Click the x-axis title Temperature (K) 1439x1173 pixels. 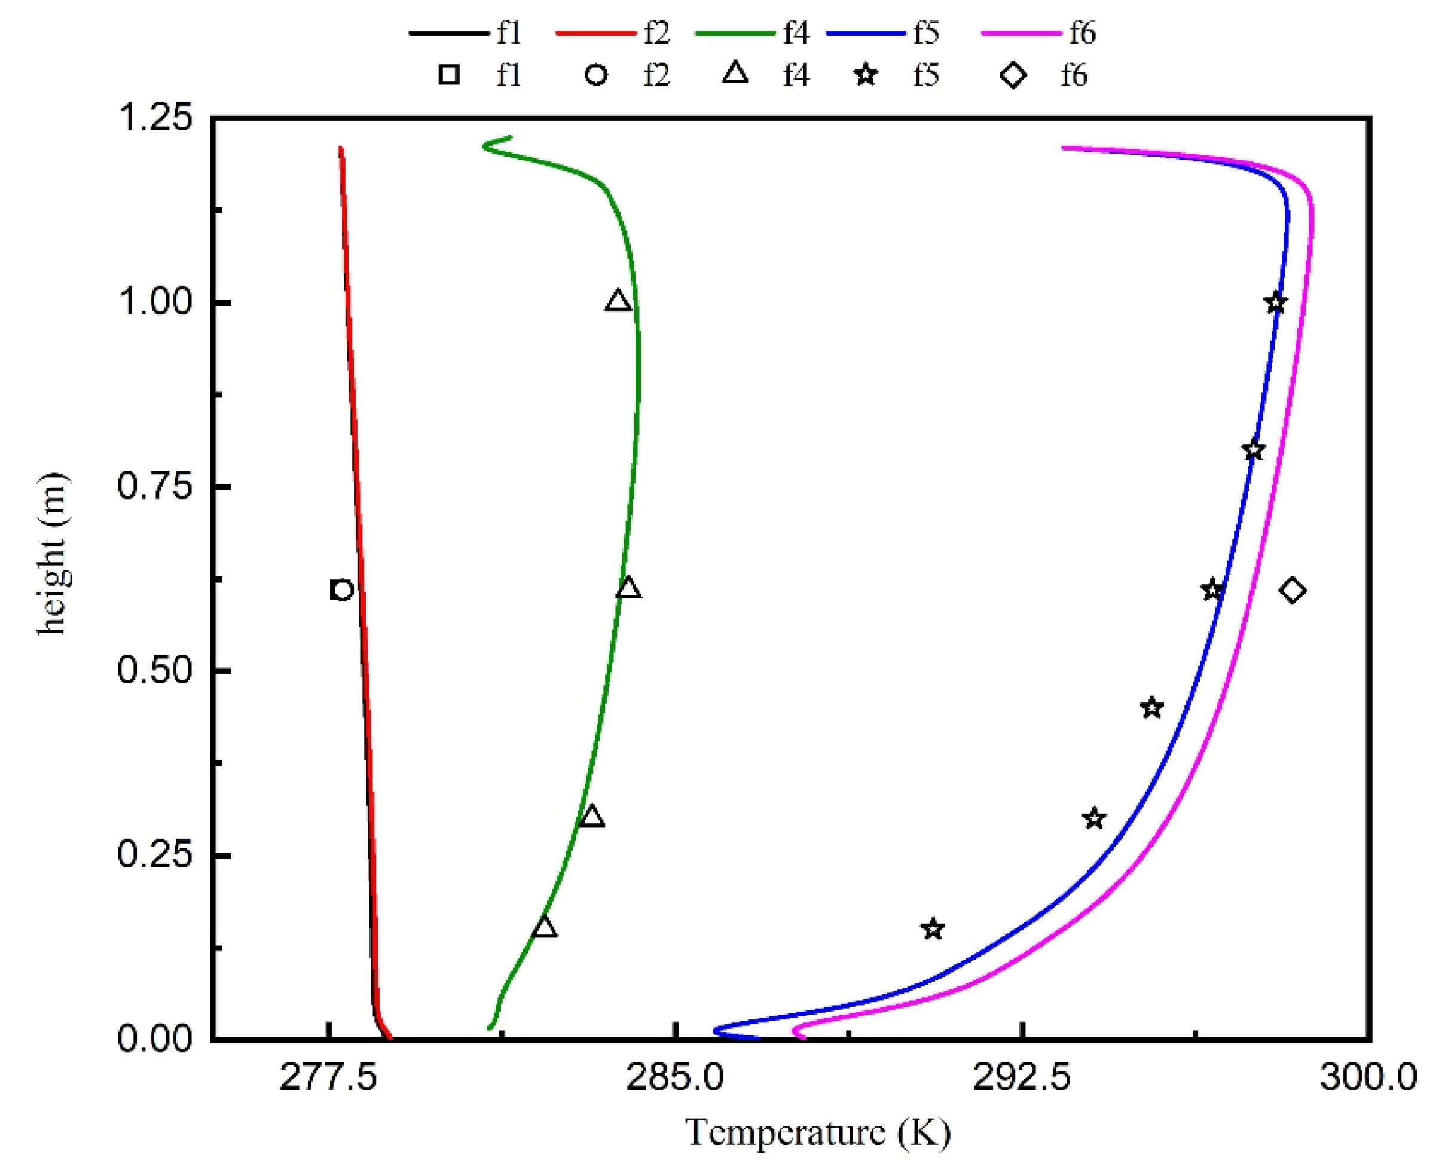pos(817,1132)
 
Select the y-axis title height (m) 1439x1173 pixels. pos(53,554)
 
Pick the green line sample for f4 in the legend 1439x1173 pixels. pos(734,32)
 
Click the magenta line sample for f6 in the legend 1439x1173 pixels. pos(1020,32)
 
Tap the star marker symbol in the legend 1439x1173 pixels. pos(866,74)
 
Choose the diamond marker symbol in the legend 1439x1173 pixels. pos(1013,74)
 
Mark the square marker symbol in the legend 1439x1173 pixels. pos(449,74)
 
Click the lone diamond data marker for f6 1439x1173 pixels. pos(1292,591)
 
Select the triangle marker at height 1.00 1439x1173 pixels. pos(618,301)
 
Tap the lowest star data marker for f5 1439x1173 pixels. pos(933,929)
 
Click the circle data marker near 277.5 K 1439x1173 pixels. pos(343,590)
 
